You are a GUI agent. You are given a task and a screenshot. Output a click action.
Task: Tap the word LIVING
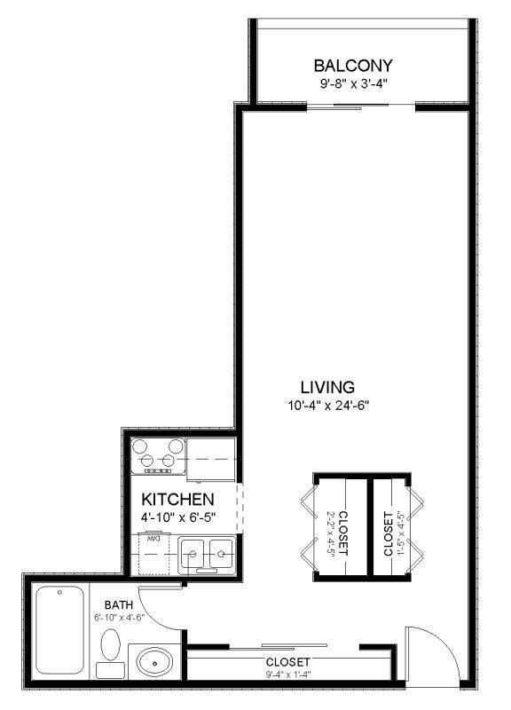[x=327, y=387]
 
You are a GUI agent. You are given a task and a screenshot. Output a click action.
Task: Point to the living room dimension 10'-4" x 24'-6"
[x=327, y=406]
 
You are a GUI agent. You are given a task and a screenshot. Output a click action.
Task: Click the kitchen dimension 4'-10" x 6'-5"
[x=178, y=516]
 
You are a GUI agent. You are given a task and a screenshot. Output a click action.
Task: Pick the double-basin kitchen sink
[x=207, y=556]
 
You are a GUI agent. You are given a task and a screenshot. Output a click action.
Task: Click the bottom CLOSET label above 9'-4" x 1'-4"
[x=287, y=662]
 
